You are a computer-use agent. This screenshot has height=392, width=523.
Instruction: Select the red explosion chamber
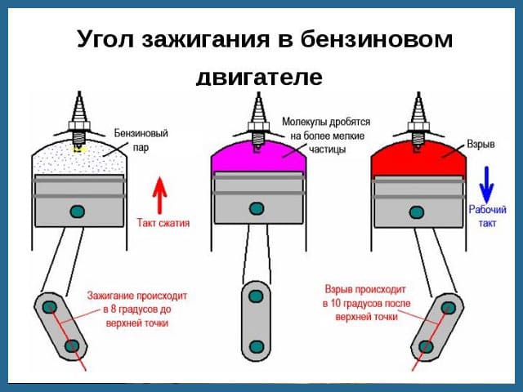click(418, 158)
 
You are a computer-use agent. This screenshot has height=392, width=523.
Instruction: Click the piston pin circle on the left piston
click(77, 212)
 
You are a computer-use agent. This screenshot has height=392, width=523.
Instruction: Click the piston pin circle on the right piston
click(418, 212)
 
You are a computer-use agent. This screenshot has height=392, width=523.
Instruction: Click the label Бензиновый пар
click(141, 140)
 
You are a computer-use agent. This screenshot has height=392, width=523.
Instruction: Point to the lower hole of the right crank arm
click(426, 346)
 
